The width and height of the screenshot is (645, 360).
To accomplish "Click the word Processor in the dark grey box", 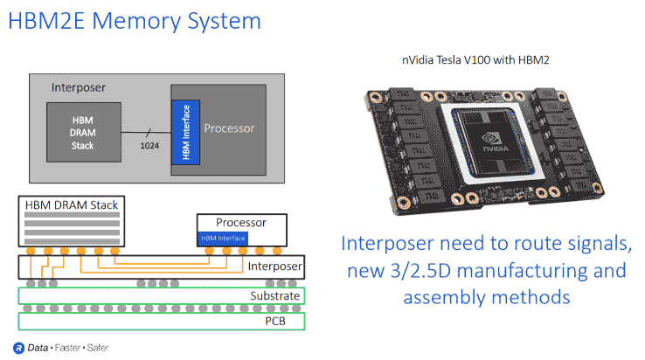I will (229, 128).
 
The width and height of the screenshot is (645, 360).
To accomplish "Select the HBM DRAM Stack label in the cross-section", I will (72, 205).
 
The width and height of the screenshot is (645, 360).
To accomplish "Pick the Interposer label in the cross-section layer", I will (274, 266).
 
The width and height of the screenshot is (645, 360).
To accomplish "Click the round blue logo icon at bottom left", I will (17, 347).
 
